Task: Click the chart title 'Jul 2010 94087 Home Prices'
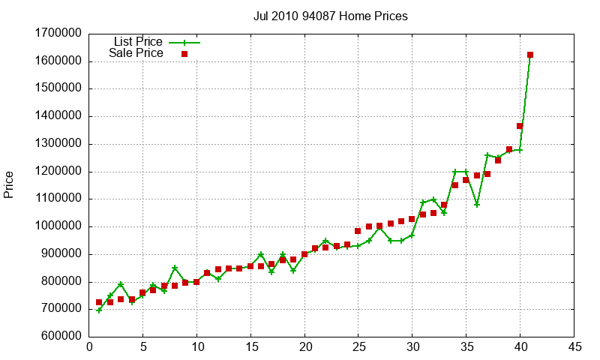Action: [331, 16]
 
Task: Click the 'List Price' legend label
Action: [138, 41]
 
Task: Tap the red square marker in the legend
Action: [184, 54]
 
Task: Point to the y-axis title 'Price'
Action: [9, 184]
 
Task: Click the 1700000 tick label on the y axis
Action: [58, 34]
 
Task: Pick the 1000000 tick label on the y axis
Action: [58, 226]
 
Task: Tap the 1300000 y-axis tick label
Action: [58, 144]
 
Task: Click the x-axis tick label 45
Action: [574, 347]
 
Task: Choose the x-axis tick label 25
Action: [358, 347]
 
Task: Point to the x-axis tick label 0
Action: [89, 347]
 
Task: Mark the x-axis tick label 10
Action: [196, 347]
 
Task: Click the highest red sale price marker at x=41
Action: [530, 55]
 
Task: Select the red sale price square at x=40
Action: [520, 126]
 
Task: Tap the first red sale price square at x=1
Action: [99, 302]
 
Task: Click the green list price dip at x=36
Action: [476, 205]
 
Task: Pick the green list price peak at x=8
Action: [175, 268]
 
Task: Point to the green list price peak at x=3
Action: [121, 284]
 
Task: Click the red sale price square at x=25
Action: [358, 231]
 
